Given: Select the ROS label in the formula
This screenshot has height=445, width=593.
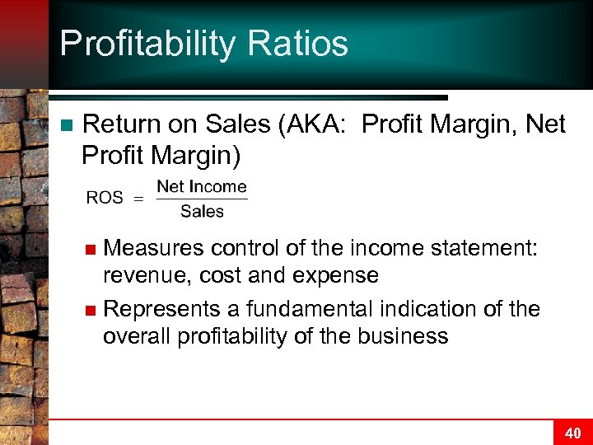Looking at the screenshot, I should tap(105, 198).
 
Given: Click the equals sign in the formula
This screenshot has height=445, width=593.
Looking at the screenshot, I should tap(138, 198).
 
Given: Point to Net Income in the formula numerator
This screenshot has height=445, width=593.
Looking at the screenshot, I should tap(202, 187).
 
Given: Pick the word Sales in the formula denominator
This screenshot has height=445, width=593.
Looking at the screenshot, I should tap(202, 211).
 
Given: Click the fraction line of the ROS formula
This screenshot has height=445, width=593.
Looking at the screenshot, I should tap(202, 199).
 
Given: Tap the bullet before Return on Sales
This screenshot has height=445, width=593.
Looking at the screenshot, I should tap(66, 125).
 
